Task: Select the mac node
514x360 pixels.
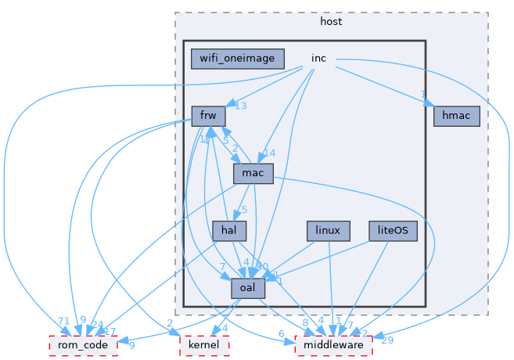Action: pyautogui.click(x=253, y=173)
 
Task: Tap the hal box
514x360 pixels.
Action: pyautogui.click(x=229, y=230)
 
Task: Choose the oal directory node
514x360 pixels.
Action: pyautogui.click(x=248, y=288)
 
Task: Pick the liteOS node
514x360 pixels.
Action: pyautogui.click(x=394, y=230)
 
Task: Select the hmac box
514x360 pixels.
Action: pyautogui.click(x=456, y=116)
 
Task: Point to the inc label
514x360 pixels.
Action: pyautogui.click(x=318, y=59)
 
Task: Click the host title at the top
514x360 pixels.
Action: pyautogui.click(x=331, y=21)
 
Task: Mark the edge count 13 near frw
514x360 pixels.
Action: pyautogui.click(x=241, y=106)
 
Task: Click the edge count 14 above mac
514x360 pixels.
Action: pyautogui.click(x=270, y=153)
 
